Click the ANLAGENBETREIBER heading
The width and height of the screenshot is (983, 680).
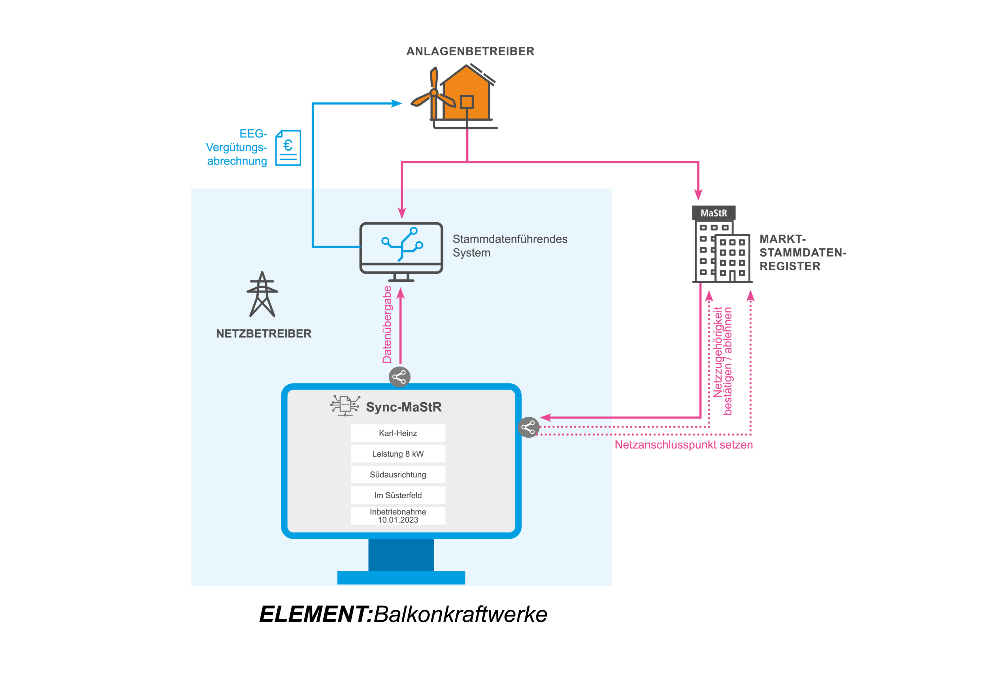coord(470,51)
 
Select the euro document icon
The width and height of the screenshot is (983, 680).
coord(288,148)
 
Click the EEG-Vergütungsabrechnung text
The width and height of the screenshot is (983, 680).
coord(237,147)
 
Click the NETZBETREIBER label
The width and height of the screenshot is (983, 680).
coord(264,334)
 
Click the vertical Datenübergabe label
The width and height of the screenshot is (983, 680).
coord(387,325)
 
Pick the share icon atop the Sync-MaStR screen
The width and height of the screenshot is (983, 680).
coord(399,377)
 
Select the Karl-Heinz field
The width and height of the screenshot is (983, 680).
coord(398,433)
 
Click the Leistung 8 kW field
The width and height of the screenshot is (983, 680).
coord(398,454)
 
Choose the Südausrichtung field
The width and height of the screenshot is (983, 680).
coord(398,474)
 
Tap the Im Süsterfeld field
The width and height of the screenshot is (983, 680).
coord(398,495)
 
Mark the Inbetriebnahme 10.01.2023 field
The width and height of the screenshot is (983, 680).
coord(398,516)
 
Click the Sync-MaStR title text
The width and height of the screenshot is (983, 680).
coord(403,407)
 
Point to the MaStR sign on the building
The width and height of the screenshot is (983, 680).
coord(713,213)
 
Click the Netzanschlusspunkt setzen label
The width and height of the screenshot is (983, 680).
coord(683,445)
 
